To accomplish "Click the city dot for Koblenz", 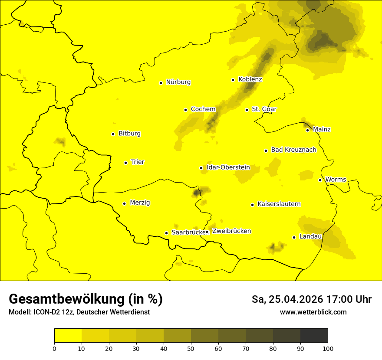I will pyautogui.click(x=233, y=80).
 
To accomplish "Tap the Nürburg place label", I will pyautogui.click(x=178, y=82).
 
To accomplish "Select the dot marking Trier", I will pyautogui.click(x=126, y=163).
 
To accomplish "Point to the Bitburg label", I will pyautogui.click(x=129, y=134).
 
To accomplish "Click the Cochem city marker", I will pyautogui.click(x=185, y=110).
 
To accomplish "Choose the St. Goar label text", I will pyautogui.click(x=264, y=109).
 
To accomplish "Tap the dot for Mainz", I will pyautogui.click(x=307, y=130).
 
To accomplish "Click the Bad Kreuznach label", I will pyautogui.click(x=293, y=150).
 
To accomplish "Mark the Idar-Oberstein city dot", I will pyautogui.click(x=201, y=168).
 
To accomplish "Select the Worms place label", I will pyautogui.click(x=336, y=180).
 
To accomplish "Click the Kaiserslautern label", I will pyautogui.click(x=279, y=204).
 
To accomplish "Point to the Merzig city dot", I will pyautogui.click(x=124, y=203).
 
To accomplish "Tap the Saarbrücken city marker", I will pyautogui.click(x=166, y=233).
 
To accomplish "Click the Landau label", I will pyautogui.click(x=310, y=236).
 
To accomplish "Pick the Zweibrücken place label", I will pyautogui.click(x=231, y=231).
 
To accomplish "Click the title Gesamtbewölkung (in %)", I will pyautogui.click(x=86, y=299).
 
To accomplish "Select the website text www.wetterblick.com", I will pyautogui.click(x=313, y=312).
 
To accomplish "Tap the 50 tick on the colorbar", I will pyautogui.click(x=191, y=348).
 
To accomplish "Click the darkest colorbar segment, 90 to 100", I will pyautogui.click(x=314, y=335).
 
